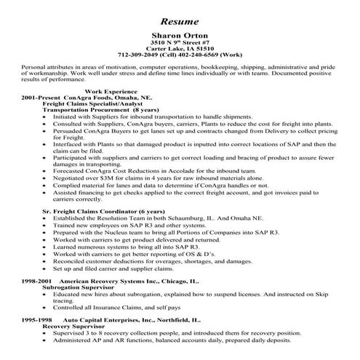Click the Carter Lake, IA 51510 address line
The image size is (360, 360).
[179, 49]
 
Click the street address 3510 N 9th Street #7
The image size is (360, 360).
[179, 42]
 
